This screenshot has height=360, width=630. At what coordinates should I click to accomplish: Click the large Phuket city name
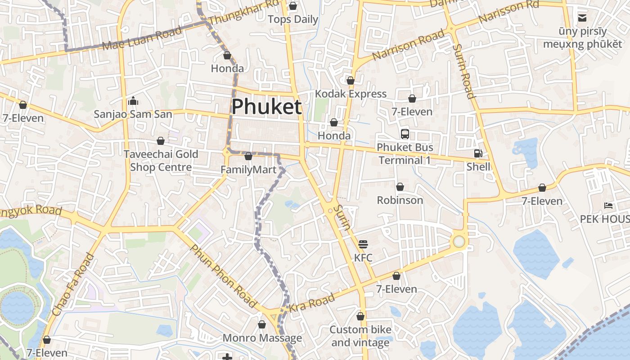(x=266, y=107)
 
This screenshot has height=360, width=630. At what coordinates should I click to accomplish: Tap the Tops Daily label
(x=293, y=19)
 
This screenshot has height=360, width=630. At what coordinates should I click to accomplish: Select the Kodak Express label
(x=351, y=94)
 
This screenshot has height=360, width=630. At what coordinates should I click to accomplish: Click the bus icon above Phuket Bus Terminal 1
(x=405, y=134)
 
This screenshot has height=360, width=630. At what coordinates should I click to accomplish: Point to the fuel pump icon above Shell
(x=478, y=153)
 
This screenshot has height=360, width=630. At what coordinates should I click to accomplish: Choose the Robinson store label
(x=400, y=200)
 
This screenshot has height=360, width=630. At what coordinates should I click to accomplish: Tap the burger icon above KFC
(x=363, y=244)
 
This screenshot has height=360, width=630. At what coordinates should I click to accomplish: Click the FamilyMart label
(x=248, y=170)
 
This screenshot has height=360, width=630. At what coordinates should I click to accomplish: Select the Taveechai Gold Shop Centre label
(x=161, y=161)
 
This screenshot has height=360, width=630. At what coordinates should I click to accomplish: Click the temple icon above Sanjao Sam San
(x=133, y=101)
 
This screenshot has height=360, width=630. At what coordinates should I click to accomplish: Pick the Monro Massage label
(x=262, y=338)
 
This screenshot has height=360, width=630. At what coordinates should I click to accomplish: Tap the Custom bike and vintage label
(x=360, y=336)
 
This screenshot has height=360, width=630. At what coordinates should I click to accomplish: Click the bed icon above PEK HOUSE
(x=608, y=206)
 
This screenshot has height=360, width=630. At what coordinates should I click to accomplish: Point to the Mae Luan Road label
(x=142, y=39)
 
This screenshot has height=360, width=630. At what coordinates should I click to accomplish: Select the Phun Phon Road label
(x=223, y=276)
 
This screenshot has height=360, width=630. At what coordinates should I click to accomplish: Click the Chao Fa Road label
(x=73, y=284)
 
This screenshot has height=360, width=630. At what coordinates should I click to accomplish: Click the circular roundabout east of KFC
(x=459, y=242)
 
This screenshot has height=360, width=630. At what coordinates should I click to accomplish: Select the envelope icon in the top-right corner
(x=582, y=18)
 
